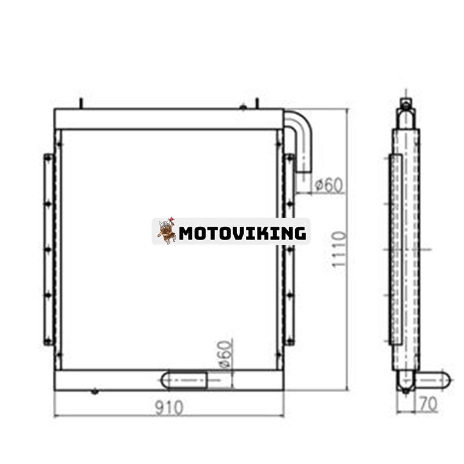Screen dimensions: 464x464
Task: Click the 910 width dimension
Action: pyautogui.click(x=169, y=408)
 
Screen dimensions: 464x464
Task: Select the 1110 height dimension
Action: pyautogui.click(x=339, y=249)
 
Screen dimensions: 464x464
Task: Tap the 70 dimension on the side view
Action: pyautogui.click(x=427, y=404)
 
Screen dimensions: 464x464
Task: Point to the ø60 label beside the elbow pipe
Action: pyautogui.click(x=328, y=185)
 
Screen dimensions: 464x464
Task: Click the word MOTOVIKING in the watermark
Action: pyautogui.click(x=242, y=233)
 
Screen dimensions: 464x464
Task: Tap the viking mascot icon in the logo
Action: pyautogui.click(x=166, y=231)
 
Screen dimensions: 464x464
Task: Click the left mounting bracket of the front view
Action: pyautogui.click(x=48, y=249)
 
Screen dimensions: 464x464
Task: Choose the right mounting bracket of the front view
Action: pyautogui.click(x=289, y=249)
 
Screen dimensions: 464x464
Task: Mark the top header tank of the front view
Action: pyautogui.click(x=169, y=119)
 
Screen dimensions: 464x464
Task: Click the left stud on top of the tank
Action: pyautogui.click(x=81, y=103)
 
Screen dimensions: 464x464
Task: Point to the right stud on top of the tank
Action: pyautogui.click(x=256, y=103)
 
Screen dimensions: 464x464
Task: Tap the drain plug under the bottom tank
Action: pyautogui.click(x=95, y=392)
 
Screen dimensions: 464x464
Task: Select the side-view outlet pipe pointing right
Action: pyautogui.click(x=432, y=380)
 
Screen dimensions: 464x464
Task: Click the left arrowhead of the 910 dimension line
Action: pyautogui.click(x=56, y=415)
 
